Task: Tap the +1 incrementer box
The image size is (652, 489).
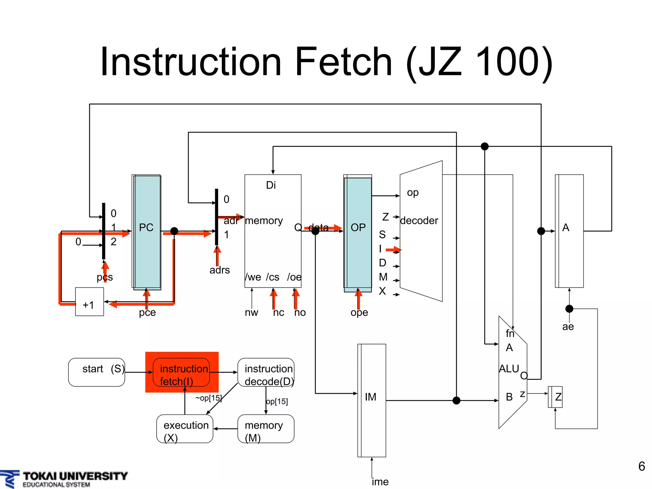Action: tap(89, 302)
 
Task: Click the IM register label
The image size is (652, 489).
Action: tap(371, 397)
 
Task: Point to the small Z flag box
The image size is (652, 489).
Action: tap(556, 397)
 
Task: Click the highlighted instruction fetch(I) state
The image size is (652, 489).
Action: tap(182, 372)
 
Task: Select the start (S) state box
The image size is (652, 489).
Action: tap(96, 372)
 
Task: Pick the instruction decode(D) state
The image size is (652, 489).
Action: tap(266, 372)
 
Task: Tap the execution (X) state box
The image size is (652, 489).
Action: tap(185, 429)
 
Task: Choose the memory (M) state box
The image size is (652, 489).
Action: tap(266, 429)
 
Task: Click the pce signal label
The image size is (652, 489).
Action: tap(147, 313)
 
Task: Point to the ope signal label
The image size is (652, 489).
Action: tap(359, 313)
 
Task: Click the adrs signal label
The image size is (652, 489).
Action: tap(220, 270)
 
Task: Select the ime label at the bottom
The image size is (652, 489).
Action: tap(380, 482)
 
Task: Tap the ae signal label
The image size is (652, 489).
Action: tap(568, 327)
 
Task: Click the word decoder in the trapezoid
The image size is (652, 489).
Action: tap(419, 221)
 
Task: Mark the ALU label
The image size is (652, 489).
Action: tap(509, 369)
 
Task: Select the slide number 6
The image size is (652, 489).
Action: tap(641, 466)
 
